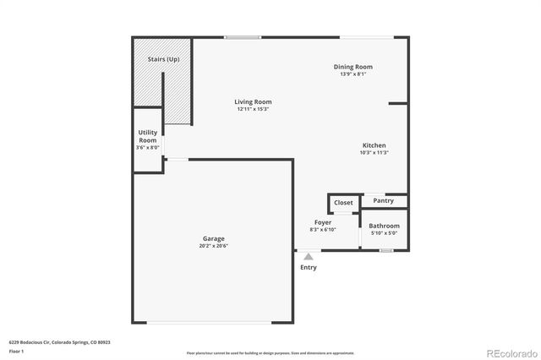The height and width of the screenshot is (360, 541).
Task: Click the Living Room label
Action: pyautogui.click(x=253, y=102)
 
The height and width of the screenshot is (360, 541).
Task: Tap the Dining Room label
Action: pyautogui.click(x=352, y=67)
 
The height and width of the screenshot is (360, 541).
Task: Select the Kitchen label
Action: pyautogui.click(x=374, y=145)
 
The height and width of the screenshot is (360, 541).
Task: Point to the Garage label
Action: pyautogui.click(x=213, y=238)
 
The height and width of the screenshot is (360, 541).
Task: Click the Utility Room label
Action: pyautogui.click(x=147, y=136)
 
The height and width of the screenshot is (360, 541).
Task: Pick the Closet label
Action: pyautogui.click(x=343, y=203)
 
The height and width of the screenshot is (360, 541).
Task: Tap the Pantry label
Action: pyautogui.click(x=384, y=201)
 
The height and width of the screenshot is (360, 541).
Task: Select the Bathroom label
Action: pyautogui.click(x=384, y=226)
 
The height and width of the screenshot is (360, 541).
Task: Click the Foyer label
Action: pyautogui.click(x=324, y=223)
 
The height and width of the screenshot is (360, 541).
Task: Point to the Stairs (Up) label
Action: pyautogui.click(x=163, y=59)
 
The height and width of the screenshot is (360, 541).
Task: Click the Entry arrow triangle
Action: pyautogui.click(x=309, y=256)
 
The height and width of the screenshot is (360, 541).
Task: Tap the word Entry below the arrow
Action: pyautogui.click(x=309, y=268)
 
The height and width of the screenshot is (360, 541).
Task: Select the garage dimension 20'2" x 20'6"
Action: pyautogui.click(x=214, y=246)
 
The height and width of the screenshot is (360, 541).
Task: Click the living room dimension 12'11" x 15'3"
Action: pyautogui.click(x=253, y=109)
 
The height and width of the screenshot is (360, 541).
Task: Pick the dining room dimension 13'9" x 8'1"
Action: pyautogui.click(x=352, y=74)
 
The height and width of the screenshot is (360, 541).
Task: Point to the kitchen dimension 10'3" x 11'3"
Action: pyautogui.click(x=374, y=153)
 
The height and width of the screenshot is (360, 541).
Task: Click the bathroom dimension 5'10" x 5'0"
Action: pyautogui.click(x=384, y=233)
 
